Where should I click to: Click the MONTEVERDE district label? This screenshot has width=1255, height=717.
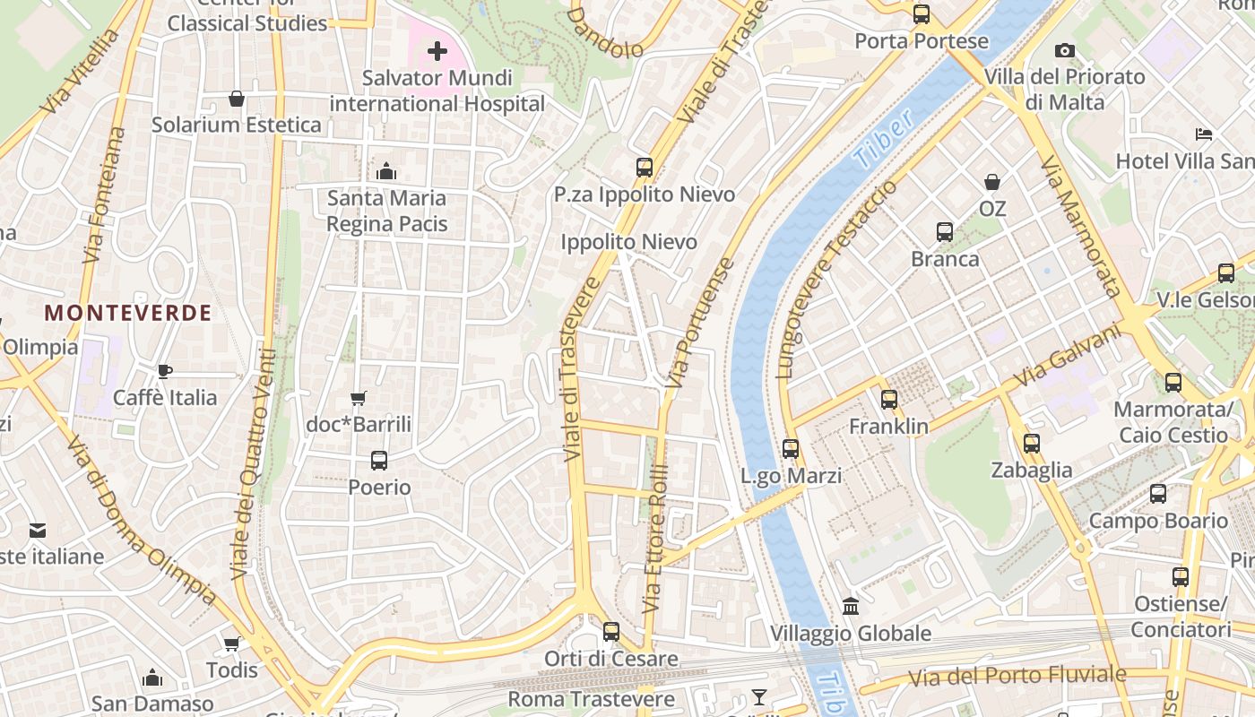128,313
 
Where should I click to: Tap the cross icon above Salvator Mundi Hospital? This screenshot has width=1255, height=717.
437,51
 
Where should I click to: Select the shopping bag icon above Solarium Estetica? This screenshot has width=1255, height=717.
237,98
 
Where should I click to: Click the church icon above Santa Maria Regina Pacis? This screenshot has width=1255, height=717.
386,170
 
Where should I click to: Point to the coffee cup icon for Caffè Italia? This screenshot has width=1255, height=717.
164,371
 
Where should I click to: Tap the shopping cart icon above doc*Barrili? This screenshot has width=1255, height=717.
359,398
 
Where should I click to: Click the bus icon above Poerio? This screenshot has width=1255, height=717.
379,461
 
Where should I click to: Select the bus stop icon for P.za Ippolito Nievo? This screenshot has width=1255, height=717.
644,167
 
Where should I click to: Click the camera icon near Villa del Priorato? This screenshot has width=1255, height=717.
1064,50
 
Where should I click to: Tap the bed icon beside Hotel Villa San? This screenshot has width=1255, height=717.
1204,134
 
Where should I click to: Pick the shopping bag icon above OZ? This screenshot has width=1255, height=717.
992,182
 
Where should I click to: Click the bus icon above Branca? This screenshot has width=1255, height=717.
944,232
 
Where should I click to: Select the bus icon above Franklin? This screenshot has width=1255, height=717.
888,400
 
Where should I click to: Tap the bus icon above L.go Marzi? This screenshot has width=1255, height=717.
790,449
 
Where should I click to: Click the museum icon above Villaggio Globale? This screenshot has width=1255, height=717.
851,607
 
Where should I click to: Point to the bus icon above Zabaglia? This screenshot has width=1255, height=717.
1031,443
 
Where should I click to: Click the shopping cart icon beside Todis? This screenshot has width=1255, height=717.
231,644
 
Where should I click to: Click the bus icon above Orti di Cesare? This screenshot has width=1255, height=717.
611,632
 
